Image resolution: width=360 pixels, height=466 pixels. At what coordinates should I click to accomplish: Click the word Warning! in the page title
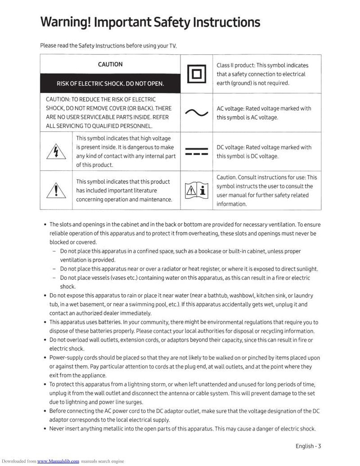tap(66, 22)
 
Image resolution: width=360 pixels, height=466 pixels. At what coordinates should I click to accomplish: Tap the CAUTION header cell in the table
tap(110, 64)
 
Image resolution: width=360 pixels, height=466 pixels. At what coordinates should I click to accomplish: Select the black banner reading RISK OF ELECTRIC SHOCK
tap(110, 84)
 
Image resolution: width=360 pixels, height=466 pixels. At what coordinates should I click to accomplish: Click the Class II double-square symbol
tap(196, 74)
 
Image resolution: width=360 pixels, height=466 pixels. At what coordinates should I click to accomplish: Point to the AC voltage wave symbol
tap(196, 113)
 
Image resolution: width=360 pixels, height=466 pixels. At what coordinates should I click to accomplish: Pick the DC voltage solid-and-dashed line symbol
tap(196, 152)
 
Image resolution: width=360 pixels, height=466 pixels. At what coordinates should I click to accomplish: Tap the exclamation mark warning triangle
tap(56, 190)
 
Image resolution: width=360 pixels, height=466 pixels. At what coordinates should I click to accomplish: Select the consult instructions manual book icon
tap(196, 191)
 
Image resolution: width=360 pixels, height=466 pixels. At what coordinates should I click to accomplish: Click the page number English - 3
tap(308, 446)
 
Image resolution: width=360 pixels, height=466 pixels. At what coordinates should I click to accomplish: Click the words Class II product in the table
tap(235, 65)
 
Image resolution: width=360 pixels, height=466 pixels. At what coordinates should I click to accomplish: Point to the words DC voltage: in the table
tap(230, 148)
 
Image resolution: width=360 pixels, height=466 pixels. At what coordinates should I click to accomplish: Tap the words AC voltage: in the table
tap(230, 108)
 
